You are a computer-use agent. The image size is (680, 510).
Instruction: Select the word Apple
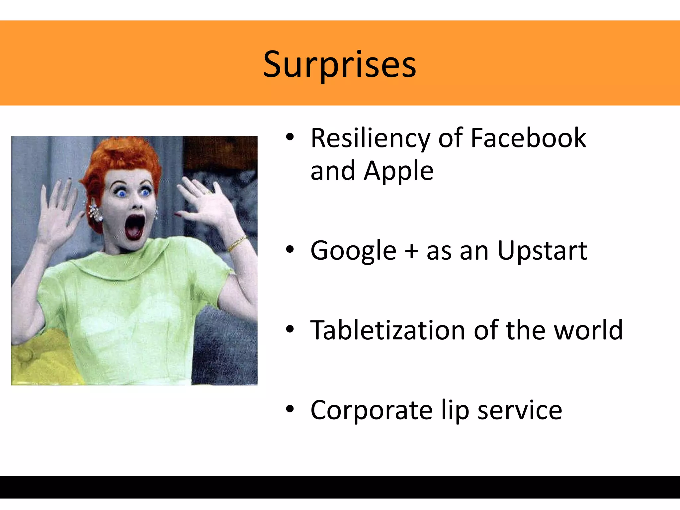[398, 171]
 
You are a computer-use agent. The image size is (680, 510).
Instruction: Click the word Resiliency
[370, 138]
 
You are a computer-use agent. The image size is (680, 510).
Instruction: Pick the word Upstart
[542, 251]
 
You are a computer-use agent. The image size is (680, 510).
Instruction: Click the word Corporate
[371, 411]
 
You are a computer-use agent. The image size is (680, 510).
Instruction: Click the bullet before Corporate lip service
[290, 409]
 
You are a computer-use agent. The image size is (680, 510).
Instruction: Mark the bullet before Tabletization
[290, 329]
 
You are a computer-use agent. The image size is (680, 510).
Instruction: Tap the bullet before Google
[290, 249]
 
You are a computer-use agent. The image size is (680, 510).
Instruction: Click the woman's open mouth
[134, 226]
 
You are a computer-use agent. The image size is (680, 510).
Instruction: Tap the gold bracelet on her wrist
[236, 244]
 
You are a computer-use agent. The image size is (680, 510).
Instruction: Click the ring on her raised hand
[208, 192]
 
